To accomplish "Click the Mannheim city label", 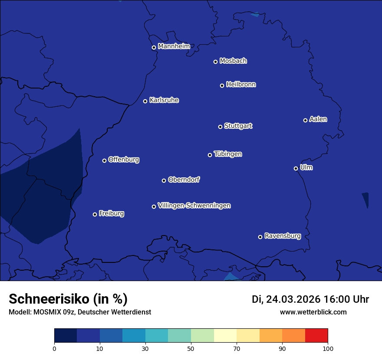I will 174,46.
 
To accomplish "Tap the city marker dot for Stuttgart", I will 220,127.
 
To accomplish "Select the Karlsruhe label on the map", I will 164,100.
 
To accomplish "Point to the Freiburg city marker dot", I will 95,214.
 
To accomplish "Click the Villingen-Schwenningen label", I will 194,206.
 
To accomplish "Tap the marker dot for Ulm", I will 296,168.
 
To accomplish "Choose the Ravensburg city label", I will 282,236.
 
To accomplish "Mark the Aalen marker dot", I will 305,120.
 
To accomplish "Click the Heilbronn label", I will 241,85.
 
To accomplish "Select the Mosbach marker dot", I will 215,62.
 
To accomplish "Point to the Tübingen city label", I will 228,154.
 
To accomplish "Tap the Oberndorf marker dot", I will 164,180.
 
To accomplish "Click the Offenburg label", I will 124,160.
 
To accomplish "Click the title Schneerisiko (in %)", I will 68,299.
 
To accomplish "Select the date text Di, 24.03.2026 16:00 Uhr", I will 310,299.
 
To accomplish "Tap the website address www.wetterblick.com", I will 313,312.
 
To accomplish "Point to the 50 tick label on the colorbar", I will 191,348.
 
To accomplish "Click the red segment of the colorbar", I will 316,336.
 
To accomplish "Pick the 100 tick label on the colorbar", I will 328,348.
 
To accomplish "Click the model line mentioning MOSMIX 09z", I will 80,312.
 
